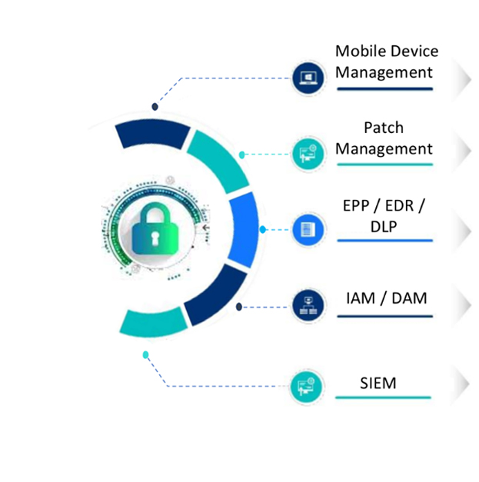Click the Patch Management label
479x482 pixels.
(384, 138)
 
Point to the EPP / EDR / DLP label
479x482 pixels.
(384, 217)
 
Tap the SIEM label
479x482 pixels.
(378, 382)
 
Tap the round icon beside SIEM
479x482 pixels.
(305, 386)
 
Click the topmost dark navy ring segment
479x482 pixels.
(152, 135)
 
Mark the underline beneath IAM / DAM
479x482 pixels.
(384, 316)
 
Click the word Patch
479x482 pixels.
(384, 128)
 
